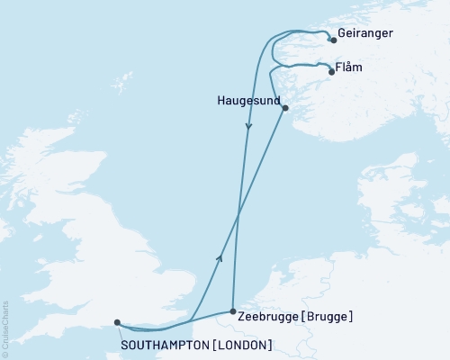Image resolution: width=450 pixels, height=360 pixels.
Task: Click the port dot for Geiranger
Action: pyautogui.click(x=333, y=40)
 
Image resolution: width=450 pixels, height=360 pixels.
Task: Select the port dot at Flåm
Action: pyautogui.click(x=332, y=72)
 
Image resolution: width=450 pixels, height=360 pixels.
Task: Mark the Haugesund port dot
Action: pyautogui.click(x=285, y=109)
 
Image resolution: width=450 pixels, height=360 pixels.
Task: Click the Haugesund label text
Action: pyautogui.click(x=249, y=100)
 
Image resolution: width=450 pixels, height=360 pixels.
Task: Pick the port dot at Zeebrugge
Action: pyautogui.click(x=233, y=310)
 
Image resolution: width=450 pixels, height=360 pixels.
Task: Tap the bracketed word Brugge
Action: pyautogui.click(x=330, y=317)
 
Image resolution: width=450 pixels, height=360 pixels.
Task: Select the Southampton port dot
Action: pyautogui.click(x=117, y=321)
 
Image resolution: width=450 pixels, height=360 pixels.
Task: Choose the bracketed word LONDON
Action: pyautogui.click(x=239, y=344)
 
